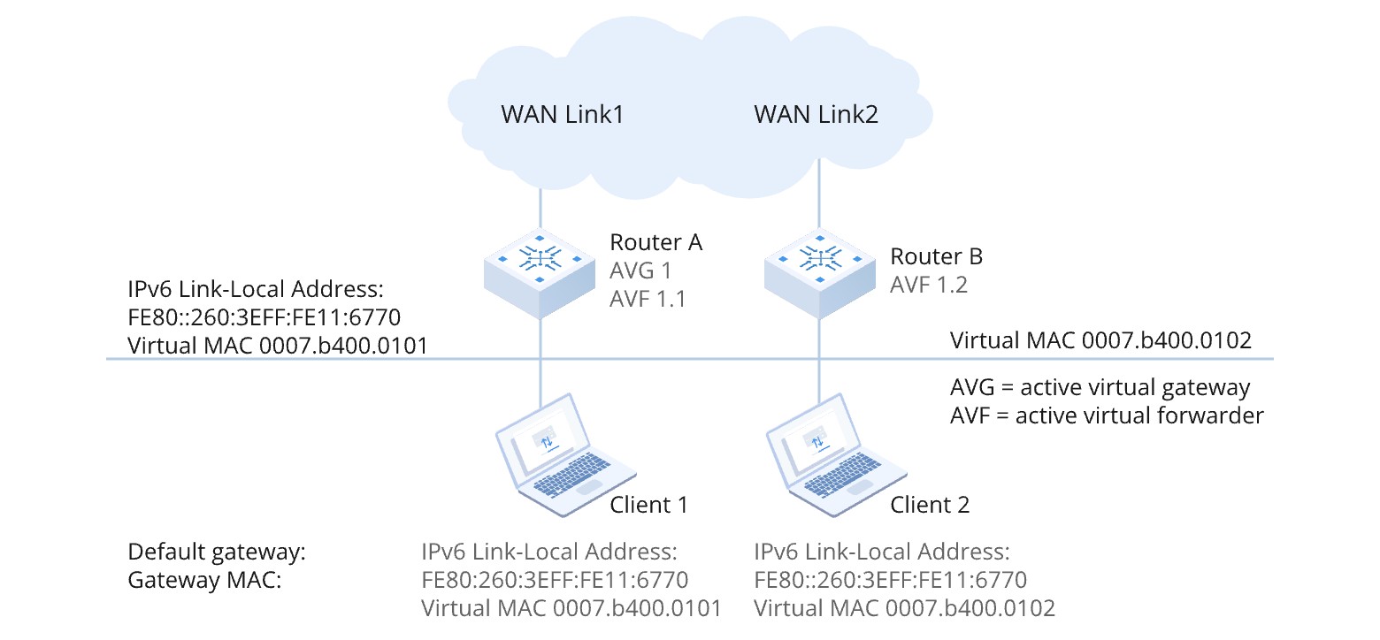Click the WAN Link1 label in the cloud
coord(563,115)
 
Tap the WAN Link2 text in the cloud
coord(816,115)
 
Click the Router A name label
coord(655,242)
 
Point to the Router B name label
coord(936,257)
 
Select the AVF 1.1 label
coord(648,300)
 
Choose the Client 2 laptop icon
coord(828,451)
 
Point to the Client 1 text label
coord(648,505)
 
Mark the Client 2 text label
coord(930,505)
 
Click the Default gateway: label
coord(217,552)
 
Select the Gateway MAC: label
coord(204,581)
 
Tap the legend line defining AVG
coord(1100,387)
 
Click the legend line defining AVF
coord(1107,415)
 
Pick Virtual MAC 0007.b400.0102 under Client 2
coord(904,609)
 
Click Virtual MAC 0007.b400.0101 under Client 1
coord(571,609)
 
